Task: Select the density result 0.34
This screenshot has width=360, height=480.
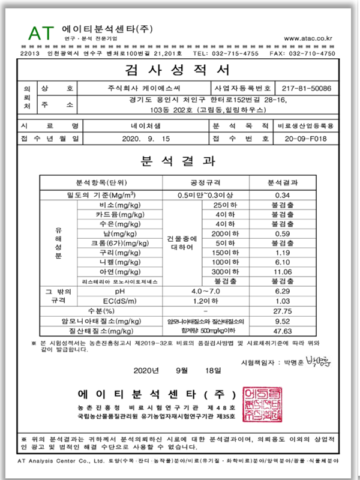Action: pyautogui.click(x=281, y=195)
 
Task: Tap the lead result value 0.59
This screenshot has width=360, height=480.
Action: pyautogui.click(x=281, y=233)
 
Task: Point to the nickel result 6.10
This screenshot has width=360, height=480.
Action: pyautogui.click(x=281, y=262)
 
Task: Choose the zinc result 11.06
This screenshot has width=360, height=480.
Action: pyautogui.click(x=281, y=272)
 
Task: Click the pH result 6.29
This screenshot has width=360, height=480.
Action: pyautogui.click(x=281, y=291)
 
